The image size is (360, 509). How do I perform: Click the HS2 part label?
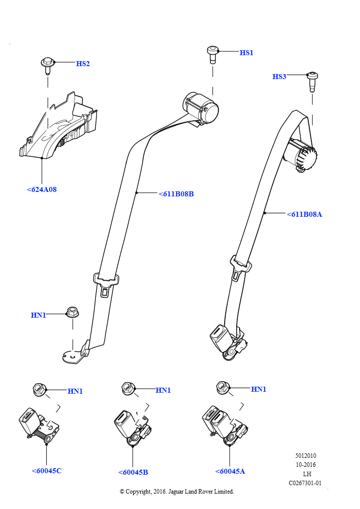coord(83,64)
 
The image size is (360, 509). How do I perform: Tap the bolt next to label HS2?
coord(47,65)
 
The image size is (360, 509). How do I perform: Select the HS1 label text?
coord(246,53)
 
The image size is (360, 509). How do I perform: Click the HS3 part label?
coord(279,77)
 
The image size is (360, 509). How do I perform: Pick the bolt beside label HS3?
coord(313,81)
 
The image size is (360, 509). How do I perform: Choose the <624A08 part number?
coord(42,189)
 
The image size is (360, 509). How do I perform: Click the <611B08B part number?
coord(176,194)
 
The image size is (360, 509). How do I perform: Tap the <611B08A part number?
coord(304,214)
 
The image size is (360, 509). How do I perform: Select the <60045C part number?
coord(46,471)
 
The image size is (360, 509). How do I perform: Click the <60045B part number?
coord(133,472)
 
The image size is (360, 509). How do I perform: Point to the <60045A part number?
coord(230,471)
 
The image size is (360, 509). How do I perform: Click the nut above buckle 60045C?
coord(39,390)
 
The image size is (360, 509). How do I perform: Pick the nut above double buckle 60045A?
coord(222,387)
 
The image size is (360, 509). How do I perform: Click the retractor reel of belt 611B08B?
coord(202,107)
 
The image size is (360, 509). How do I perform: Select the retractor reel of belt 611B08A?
coord(300,155)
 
